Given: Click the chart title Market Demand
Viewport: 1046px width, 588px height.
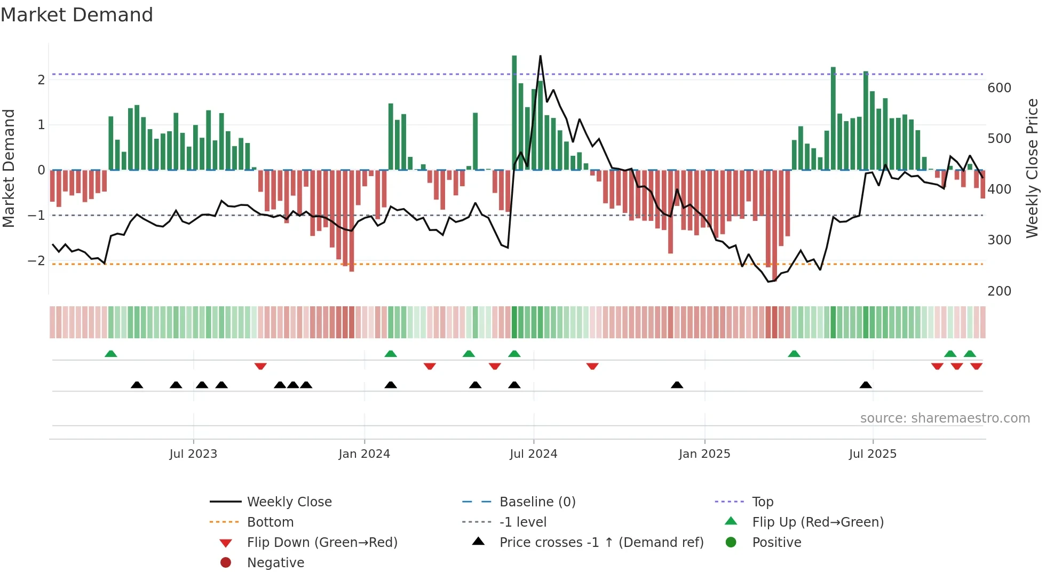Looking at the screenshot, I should pos(77,15).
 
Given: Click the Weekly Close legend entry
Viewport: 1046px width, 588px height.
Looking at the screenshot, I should pos(289,502).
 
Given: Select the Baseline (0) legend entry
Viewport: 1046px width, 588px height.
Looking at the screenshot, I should pos(537,502).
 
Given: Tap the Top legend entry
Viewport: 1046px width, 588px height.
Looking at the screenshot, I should pos(763,502).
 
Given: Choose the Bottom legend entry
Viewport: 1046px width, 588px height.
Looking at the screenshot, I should pos(270,522).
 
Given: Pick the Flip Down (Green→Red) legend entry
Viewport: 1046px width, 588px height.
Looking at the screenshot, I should pos(322,542).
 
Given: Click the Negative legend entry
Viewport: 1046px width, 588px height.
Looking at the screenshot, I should pos(275,562).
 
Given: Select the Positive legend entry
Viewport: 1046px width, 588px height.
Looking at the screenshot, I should pos(776,542).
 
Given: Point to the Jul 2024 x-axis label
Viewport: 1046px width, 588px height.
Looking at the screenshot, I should pos(533,454).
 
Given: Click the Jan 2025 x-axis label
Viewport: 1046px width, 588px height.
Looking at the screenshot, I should pos(704,454).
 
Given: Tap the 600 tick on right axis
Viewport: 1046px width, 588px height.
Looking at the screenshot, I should pos(999,88).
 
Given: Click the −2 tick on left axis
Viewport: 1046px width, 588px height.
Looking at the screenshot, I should pos(37,260).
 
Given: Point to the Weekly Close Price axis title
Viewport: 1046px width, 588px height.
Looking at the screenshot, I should pos(1032,168).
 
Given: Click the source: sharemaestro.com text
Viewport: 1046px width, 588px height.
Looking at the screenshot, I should pos(945,418).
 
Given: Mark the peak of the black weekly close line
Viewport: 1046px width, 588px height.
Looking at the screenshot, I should pos(540,56).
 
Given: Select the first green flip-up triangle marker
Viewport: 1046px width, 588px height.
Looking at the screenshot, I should pos(111,354).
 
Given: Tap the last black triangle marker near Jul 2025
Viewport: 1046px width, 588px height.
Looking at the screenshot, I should pos(866,385).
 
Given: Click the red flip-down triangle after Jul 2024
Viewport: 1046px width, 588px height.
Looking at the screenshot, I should pos(592,366).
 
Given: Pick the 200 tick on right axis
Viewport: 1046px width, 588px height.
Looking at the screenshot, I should pos(999,291).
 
